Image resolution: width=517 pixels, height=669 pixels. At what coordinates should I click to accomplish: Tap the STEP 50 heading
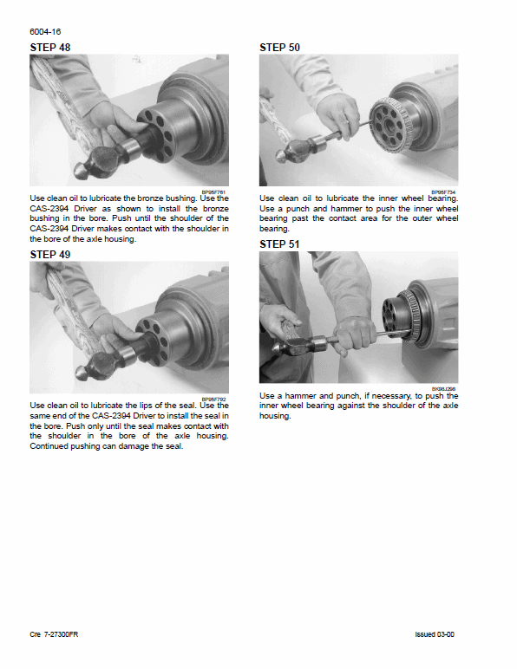(x=280, y=48)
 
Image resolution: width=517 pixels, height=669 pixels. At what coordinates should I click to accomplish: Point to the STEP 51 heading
(x=280, y=244)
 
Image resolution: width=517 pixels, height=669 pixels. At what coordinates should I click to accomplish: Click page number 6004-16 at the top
(x=46, y=31)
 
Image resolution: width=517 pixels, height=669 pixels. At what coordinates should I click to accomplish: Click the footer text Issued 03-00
(x=435, y=634)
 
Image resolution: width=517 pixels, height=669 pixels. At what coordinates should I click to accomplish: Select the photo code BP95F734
(x=443, y=192)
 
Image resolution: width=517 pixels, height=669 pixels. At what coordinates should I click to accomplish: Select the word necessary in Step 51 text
(x=368, y=396)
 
